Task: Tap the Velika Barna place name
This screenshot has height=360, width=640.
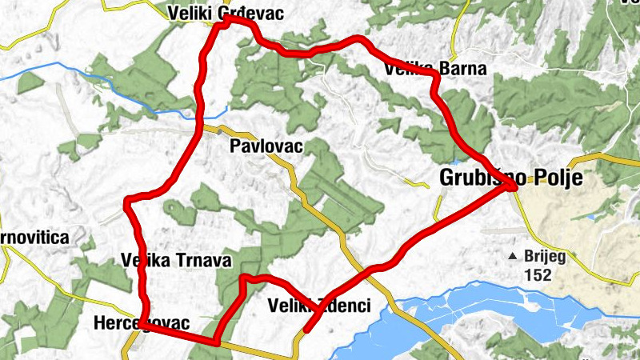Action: tap(435, 69)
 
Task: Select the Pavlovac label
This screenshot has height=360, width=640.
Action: tap(265, 146)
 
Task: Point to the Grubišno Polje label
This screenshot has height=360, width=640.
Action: tap(510, 177)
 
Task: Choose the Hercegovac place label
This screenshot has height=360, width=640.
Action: tap(141, 323)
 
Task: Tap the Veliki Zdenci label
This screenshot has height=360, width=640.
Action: tap(320, 305)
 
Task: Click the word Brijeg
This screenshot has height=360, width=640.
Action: tap(546, 257)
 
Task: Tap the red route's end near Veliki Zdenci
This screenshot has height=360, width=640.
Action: tap(306, 329)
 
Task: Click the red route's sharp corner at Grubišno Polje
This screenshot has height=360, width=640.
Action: tap(517, 189)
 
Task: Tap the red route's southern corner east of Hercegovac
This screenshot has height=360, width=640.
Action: tap(216, 342)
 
